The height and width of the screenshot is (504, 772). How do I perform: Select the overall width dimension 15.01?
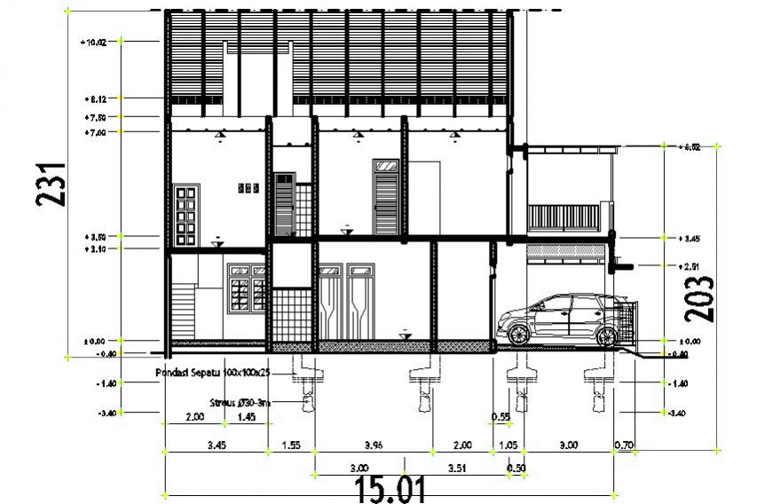point(390,489)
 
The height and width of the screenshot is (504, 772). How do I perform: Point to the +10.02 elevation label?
point(94,41)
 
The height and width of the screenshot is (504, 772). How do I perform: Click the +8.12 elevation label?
point(96,98)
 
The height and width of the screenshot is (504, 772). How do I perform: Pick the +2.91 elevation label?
point(689,266)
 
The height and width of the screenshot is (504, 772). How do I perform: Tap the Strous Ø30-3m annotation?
point(240,402)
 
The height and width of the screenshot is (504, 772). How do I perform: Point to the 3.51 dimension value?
point(457,467)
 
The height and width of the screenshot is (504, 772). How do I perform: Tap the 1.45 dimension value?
point(248,416)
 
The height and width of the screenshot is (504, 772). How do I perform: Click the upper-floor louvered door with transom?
point(386,197)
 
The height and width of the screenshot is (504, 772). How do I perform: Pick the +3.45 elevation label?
point(689,238)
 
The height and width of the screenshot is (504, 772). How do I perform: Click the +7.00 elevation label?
point(96,132)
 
